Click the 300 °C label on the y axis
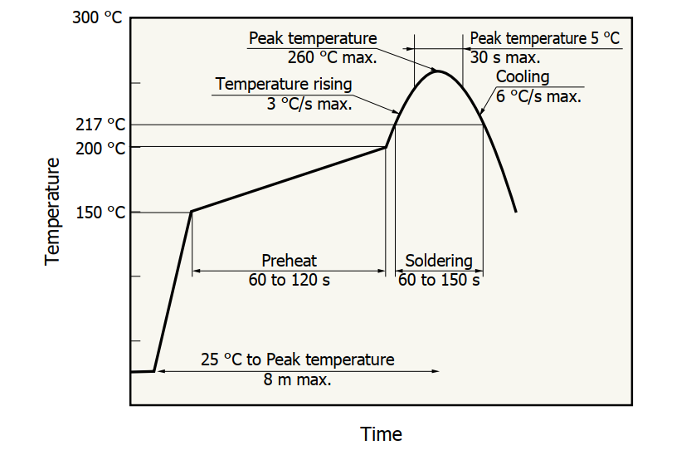coord(97,18)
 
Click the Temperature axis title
coord(53,211)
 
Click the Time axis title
coord(381,433)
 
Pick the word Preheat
coord(289,261)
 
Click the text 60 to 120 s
coord(289,280)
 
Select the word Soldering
coord(439,261)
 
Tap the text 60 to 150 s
coord(439,280)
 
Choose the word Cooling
coord(523,77)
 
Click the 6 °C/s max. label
coord(538,96)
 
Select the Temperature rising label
coord(284,85)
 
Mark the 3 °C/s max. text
coord(309,105)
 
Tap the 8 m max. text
coord(298,379)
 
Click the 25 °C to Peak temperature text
coord(298,360)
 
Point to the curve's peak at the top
coord(439,71)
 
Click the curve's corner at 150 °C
coord(192,212)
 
